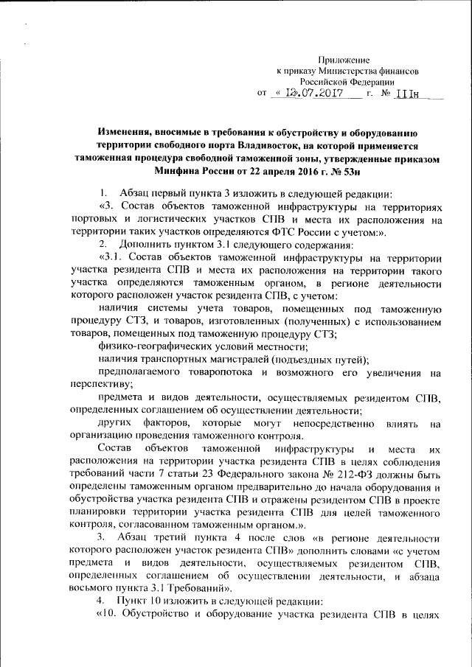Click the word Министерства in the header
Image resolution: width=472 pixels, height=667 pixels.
coord(344,71)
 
